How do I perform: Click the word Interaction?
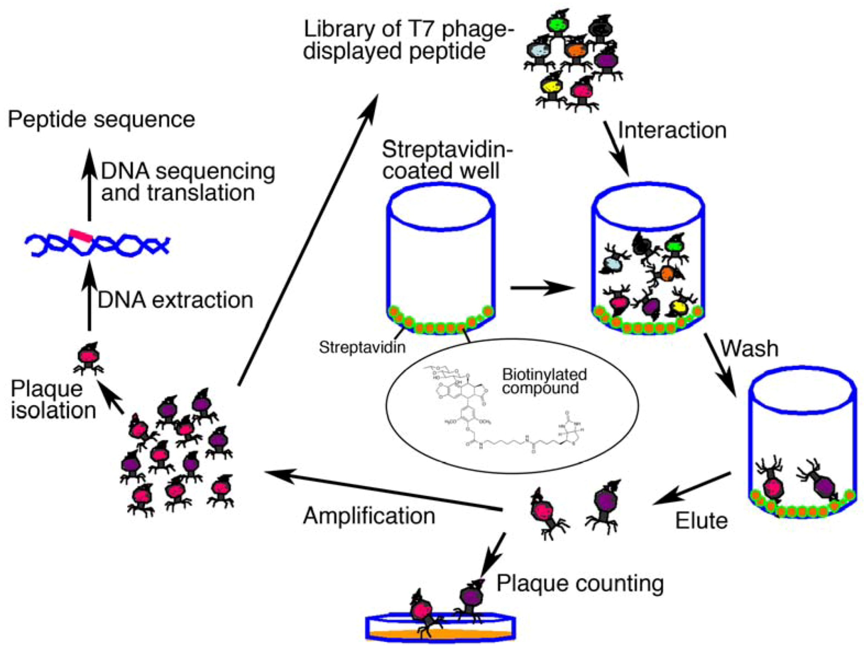point(672,130)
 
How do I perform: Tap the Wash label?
point(749,348)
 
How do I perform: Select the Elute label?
point(701,520)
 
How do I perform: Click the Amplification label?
point(369,516)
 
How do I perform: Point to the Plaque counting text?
point(580,583)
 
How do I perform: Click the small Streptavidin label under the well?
point(362,347)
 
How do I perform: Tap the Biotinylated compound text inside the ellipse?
point(544,381)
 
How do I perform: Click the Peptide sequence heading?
point(101,119)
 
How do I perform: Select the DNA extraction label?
point(175,300)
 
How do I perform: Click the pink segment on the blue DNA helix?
point(81,235)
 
